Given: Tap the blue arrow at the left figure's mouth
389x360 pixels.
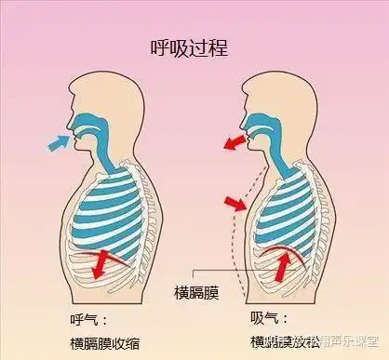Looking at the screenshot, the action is coord(57,142).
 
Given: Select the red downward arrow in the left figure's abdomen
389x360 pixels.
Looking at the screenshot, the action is coord(97,263).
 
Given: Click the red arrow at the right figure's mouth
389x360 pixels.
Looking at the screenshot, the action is coord(235,140).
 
